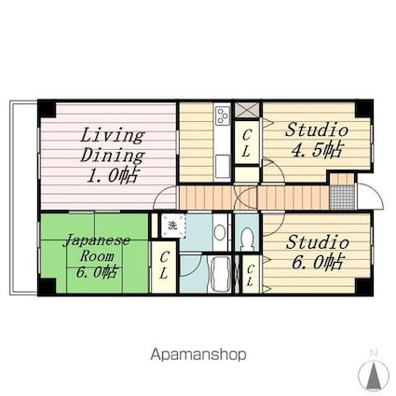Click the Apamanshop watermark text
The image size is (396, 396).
pos(198,354)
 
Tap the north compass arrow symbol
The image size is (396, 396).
pos(374,375)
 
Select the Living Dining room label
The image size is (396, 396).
pos(113,156)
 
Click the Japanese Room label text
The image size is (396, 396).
pos(97,256)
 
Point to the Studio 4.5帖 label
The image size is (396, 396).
pos(317,140)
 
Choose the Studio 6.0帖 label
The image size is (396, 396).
pos(317,252)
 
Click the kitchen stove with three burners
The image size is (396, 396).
pos(223,116)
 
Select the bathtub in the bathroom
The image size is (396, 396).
pos(220,274)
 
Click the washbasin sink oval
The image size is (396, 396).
pos(220,232)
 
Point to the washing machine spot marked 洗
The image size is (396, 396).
pos(173,225)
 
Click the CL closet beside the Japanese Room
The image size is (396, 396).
pos(164,266)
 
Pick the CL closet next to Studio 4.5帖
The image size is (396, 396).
pos(247,143)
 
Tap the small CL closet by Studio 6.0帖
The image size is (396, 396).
pos(251,274)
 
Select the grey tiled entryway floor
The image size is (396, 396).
pos(342,198)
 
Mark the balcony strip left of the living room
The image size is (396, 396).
pos(24,198)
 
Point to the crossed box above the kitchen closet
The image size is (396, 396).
pos(247,110)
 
